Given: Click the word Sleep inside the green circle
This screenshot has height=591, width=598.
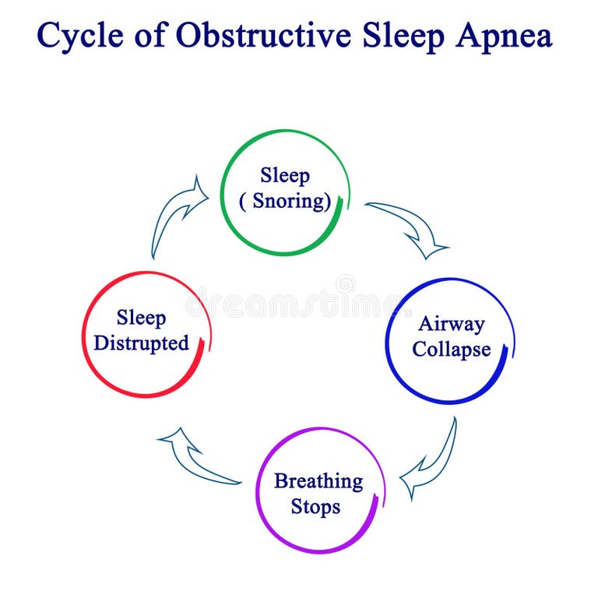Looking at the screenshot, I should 285,176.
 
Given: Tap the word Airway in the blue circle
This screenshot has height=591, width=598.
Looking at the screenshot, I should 451,324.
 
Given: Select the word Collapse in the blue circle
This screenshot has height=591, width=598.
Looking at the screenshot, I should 452,349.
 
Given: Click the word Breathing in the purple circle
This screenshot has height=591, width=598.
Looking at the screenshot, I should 318,481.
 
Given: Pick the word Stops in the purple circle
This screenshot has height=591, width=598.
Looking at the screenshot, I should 315,507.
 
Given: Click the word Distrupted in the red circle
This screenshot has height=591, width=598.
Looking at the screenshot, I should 142,343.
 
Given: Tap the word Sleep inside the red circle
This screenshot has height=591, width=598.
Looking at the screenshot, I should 142,318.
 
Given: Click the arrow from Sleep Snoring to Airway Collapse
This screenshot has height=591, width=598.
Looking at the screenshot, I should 410,227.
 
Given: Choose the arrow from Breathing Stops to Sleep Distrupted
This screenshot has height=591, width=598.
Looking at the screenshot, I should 195,459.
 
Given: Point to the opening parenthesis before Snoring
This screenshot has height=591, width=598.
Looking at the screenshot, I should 242,202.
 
